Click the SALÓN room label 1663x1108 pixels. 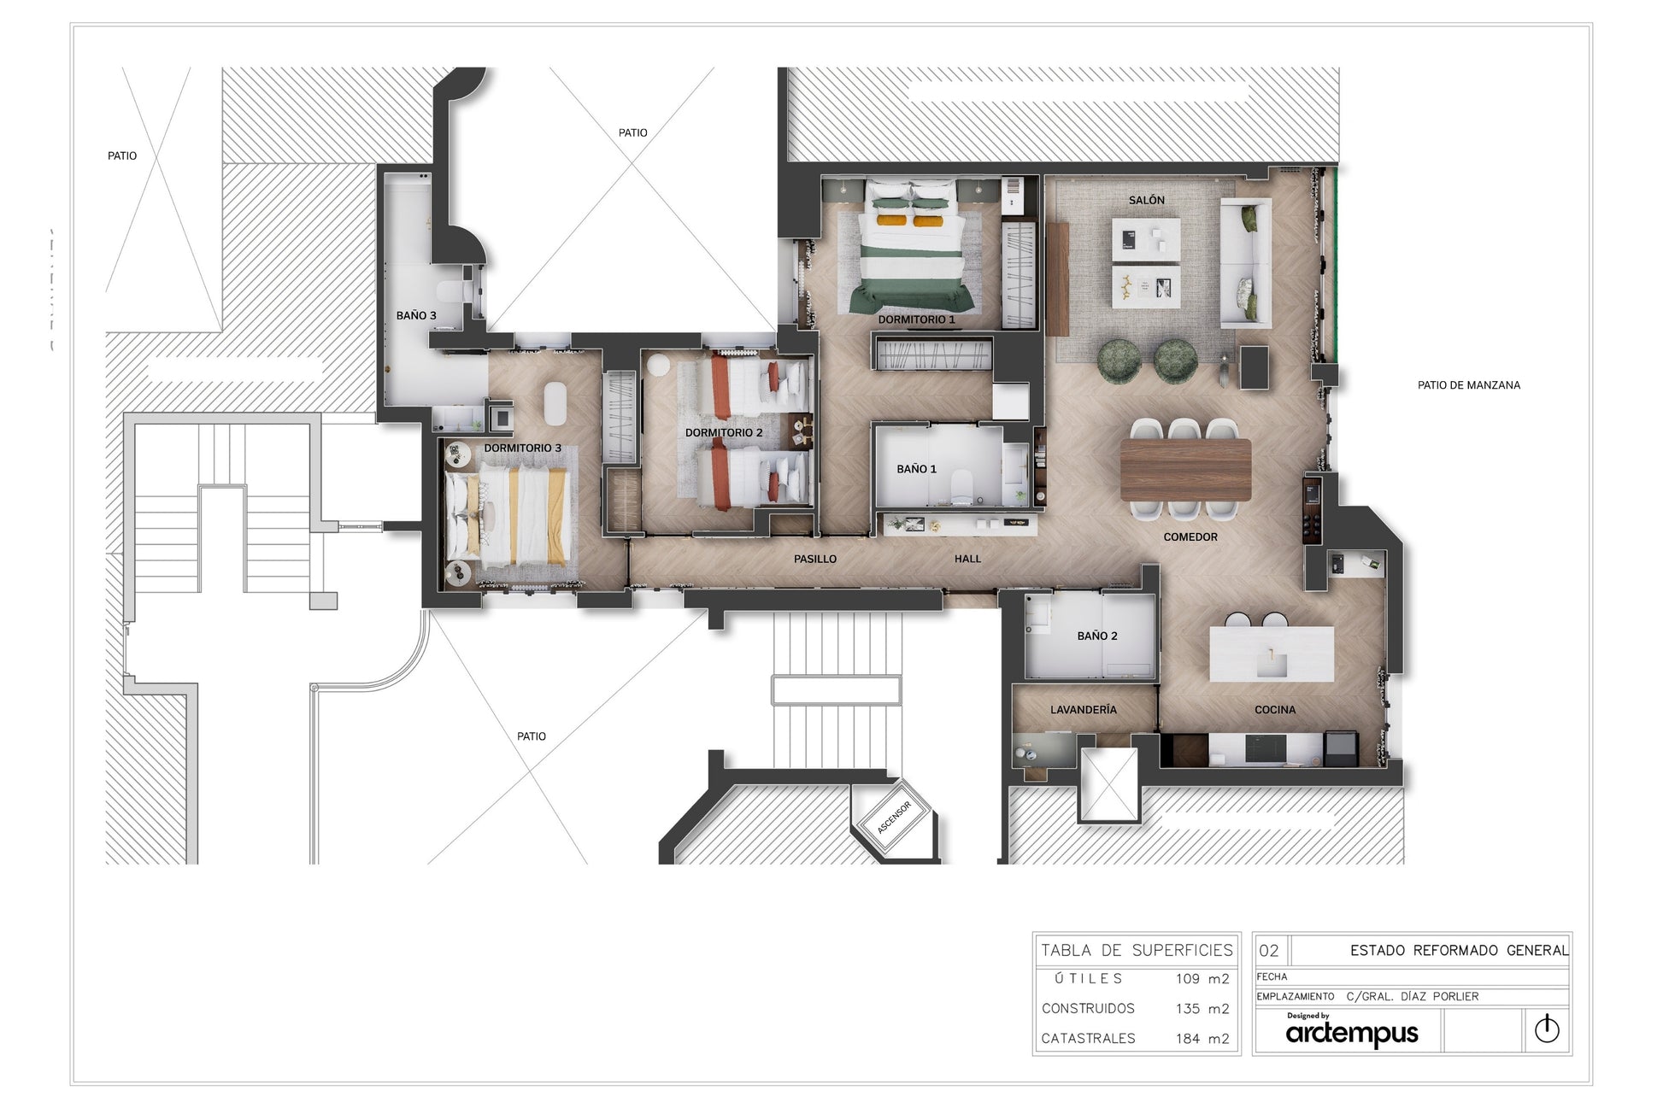(x=1146, y=200)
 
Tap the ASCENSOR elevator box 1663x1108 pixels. (x=895, y=818)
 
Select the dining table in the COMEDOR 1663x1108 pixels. (x=1185, y=469)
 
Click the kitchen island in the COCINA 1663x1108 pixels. (x=1272, y=654)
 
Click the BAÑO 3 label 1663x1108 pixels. (x=416, y=315)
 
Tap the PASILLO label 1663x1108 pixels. (x=815, y=559)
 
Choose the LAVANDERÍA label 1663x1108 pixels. (x=1083, y=710)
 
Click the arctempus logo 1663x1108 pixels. (x=1351, y=1031)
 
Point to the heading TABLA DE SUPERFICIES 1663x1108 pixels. (x=1137, y=950)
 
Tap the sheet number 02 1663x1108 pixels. (x=1269, y=951)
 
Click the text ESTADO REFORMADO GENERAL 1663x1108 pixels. (x=1459, y=950)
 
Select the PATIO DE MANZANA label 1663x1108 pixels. (x=1469, y=385)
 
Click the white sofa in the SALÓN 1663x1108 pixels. (x=1245, y=262)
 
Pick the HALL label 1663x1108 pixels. (x=967, y=559)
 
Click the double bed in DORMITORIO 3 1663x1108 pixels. (x=511, y=518)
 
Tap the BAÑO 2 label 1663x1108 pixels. (x=1097, y=636)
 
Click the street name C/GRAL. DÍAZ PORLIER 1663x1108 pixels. (x=1413, y=996)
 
